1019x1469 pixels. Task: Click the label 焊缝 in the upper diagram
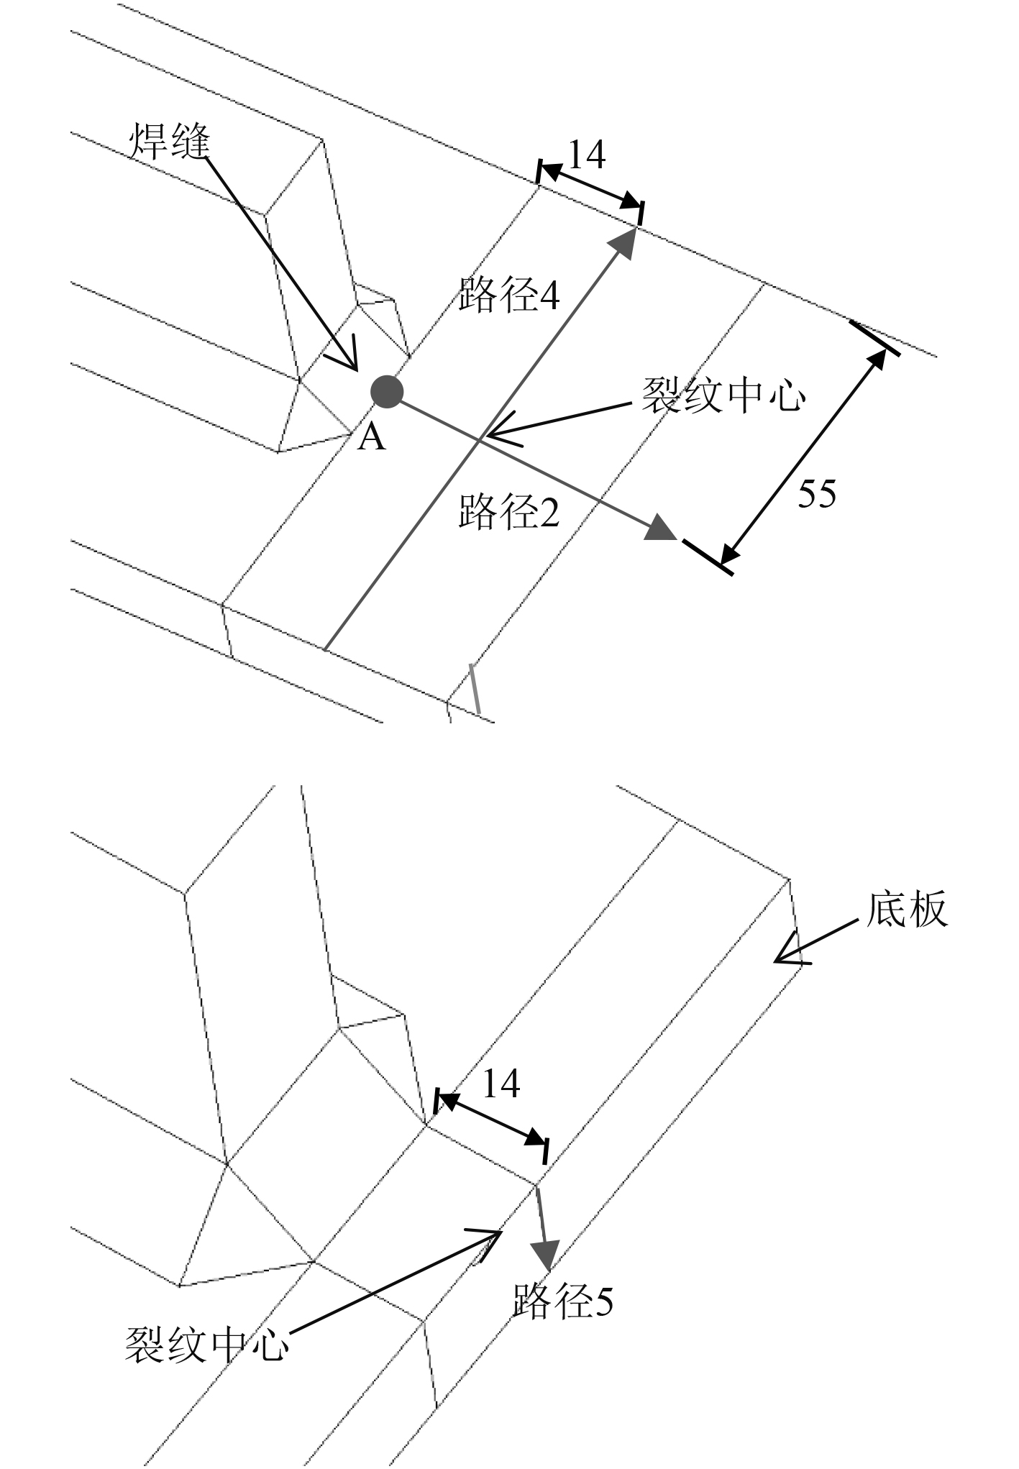(x=170, y=140)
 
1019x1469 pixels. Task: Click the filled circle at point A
(x=386, y=392)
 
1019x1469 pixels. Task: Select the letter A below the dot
(x=371, y=436)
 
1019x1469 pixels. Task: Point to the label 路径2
(x=509, y=511)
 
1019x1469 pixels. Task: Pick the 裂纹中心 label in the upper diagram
(x=723, y=395)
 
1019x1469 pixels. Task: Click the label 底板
(x=907, y=910)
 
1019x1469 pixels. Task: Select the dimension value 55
(x=817, y=494)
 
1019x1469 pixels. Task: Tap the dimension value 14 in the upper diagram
(x=587, y=155)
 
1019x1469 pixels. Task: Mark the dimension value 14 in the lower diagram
(x=501, y=1084)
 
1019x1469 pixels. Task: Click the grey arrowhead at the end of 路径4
(x=625, y=242)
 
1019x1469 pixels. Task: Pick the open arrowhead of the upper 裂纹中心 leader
(x=493, y=434)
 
